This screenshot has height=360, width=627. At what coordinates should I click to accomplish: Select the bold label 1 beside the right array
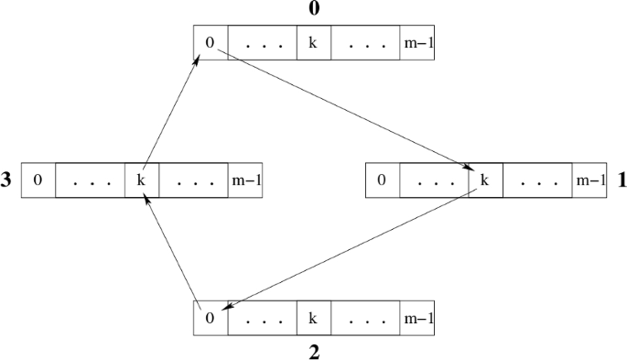point(622,180)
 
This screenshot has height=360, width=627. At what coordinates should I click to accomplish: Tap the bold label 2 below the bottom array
point(313,353)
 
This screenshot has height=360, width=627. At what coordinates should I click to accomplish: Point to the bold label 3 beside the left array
point(6,180)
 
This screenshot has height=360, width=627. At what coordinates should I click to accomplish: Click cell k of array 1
point(485,180)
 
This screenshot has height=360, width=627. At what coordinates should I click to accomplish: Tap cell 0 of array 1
point(383,180)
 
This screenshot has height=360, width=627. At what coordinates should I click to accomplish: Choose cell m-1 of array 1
point(589,180)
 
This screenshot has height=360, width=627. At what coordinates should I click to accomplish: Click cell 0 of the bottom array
point(211,319)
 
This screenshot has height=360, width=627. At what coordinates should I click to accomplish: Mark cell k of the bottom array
point(313,319)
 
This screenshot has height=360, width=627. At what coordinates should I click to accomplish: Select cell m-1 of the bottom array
point(416,319)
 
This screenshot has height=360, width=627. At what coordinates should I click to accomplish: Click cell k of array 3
point(141,180)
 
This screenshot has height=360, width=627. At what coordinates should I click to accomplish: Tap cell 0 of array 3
point(38,180)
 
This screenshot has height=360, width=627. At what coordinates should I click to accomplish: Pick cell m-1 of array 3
point(244,180)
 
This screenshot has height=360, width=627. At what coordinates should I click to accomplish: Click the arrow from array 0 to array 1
point(348,111)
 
